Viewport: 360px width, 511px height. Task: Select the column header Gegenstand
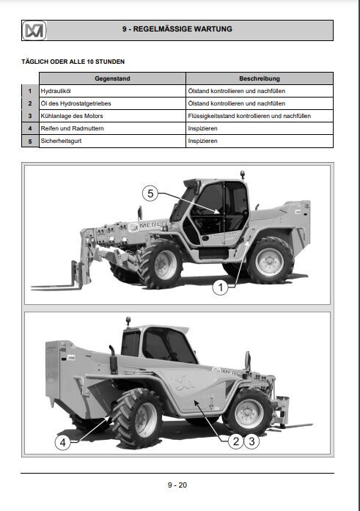click(111, 78)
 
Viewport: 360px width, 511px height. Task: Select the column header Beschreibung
click(259, 78)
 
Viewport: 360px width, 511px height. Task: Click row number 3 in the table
click(30, 116)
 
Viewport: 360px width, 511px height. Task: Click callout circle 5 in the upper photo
click(150, 194)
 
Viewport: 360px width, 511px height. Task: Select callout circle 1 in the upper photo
click(218, 288)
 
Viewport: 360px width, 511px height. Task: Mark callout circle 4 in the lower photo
click(63, 442)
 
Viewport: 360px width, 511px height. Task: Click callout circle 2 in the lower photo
click(235, 441)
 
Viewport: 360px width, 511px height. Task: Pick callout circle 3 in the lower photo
click(251, 441)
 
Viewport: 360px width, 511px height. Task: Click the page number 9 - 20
click(177, 485)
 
